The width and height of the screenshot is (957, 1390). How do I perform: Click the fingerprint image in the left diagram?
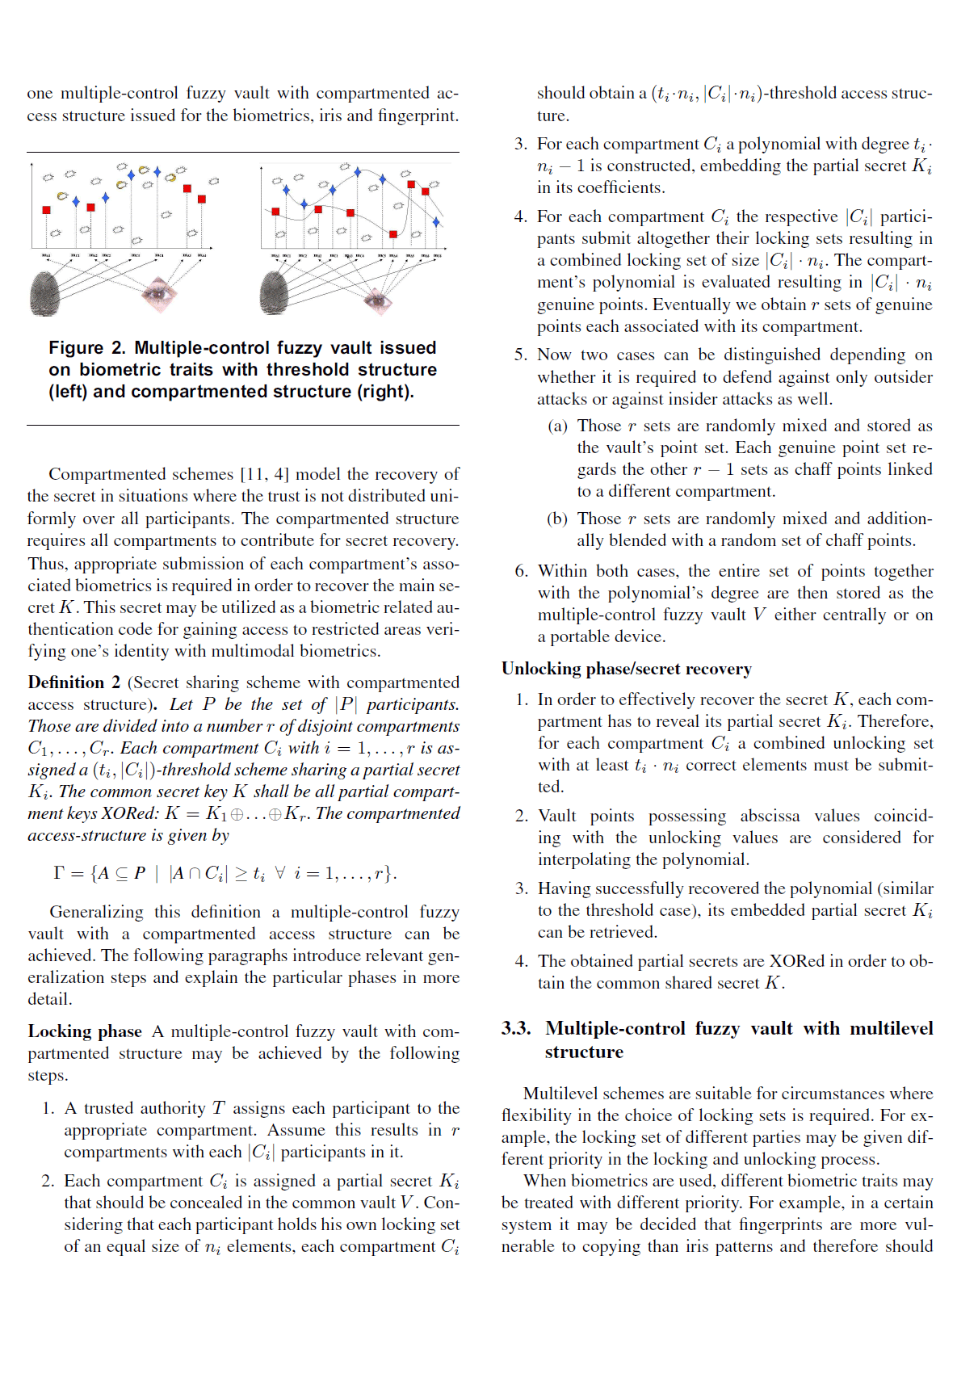(44, 293)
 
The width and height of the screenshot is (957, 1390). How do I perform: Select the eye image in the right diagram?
(376, 300)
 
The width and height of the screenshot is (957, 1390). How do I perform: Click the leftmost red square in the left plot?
(46, 210)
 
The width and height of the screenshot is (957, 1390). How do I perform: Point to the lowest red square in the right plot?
(393, 234)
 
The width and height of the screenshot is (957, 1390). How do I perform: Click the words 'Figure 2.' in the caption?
(86, 348)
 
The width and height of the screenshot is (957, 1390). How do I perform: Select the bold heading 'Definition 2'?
(73, 682)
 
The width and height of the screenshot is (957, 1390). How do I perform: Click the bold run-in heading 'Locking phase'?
(84, 1031)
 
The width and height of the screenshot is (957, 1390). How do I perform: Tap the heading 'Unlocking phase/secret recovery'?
(626, 669)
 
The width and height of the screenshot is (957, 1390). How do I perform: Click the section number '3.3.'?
(516, 1028)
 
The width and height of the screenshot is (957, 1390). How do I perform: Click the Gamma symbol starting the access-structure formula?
(58, 873)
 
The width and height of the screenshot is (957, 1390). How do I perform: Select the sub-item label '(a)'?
(557, 426)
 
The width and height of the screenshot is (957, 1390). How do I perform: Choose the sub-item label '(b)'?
(557, 519)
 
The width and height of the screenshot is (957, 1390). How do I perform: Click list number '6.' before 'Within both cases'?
(522, 571)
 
